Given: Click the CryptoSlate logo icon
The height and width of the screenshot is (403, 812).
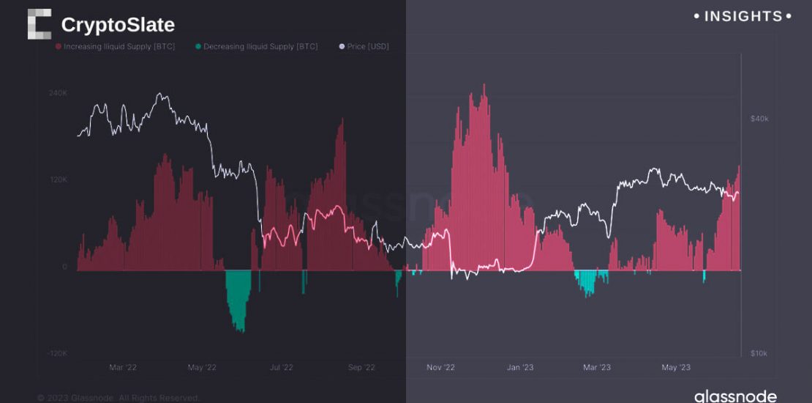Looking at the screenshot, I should click(40, 24).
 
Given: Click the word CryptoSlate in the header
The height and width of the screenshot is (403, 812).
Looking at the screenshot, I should click(118, 25).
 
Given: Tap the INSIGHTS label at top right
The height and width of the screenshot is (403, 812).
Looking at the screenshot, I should click(743, 16).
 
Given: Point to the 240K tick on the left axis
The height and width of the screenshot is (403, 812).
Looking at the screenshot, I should click(58, 93).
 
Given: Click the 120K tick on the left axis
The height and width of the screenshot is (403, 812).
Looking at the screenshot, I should click(58, 180).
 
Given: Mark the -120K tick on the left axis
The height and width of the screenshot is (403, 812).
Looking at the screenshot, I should click(56, 353).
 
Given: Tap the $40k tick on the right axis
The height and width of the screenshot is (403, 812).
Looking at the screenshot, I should click(759, 119).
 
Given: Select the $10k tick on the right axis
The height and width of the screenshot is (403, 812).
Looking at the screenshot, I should click(759, 353).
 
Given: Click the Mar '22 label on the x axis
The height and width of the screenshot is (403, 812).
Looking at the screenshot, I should click(123, 367).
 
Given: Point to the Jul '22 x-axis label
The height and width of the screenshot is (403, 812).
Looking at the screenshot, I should click(282, 367).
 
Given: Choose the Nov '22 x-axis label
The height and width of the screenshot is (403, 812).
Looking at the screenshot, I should click(440, 367).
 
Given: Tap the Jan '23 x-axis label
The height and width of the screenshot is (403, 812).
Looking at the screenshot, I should click(519, 367).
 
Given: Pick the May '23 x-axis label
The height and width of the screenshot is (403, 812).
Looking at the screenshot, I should click(675, 367).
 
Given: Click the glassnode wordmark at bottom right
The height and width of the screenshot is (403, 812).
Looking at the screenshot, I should click(735, 396).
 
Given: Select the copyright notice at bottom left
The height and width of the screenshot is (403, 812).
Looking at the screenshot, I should click(119, 398).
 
